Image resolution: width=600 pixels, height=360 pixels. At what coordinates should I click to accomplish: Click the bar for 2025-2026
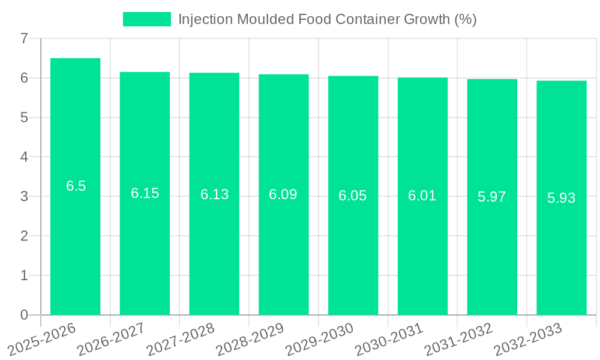click(x=75, y=240)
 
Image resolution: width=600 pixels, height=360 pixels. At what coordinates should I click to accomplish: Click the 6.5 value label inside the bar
click(x=76, y=186)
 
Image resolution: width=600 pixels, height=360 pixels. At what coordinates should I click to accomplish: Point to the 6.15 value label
click(x=145, y=193)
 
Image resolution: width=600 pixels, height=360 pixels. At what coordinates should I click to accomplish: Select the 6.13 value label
click(x=214, y=194)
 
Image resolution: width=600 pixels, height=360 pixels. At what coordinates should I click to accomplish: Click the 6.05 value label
click(x=353, y=196)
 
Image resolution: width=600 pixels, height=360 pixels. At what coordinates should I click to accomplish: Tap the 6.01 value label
click(x=422, y=196)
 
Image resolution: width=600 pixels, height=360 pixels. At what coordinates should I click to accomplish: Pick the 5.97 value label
click(x=492, y=197)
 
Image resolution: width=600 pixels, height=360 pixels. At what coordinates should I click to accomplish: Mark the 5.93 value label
click(x=562, y=198)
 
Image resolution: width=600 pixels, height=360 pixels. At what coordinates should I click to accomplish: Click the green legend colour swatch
click(x=146, y=19)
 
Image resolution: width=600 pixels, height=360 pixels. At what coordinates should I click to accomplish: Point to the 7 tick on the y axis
click(x=24, y=38)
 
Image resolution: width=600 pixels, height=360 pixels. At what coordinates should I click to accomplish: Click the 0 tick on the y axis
click(x=24, y=315)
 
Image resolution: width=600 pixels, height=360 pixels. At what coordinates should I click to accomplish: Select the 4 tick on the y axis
click(x=24, y=157)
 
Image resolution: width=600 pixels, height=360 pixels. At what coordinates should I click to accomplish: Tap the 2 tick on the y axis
click(x=24, y=236)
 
